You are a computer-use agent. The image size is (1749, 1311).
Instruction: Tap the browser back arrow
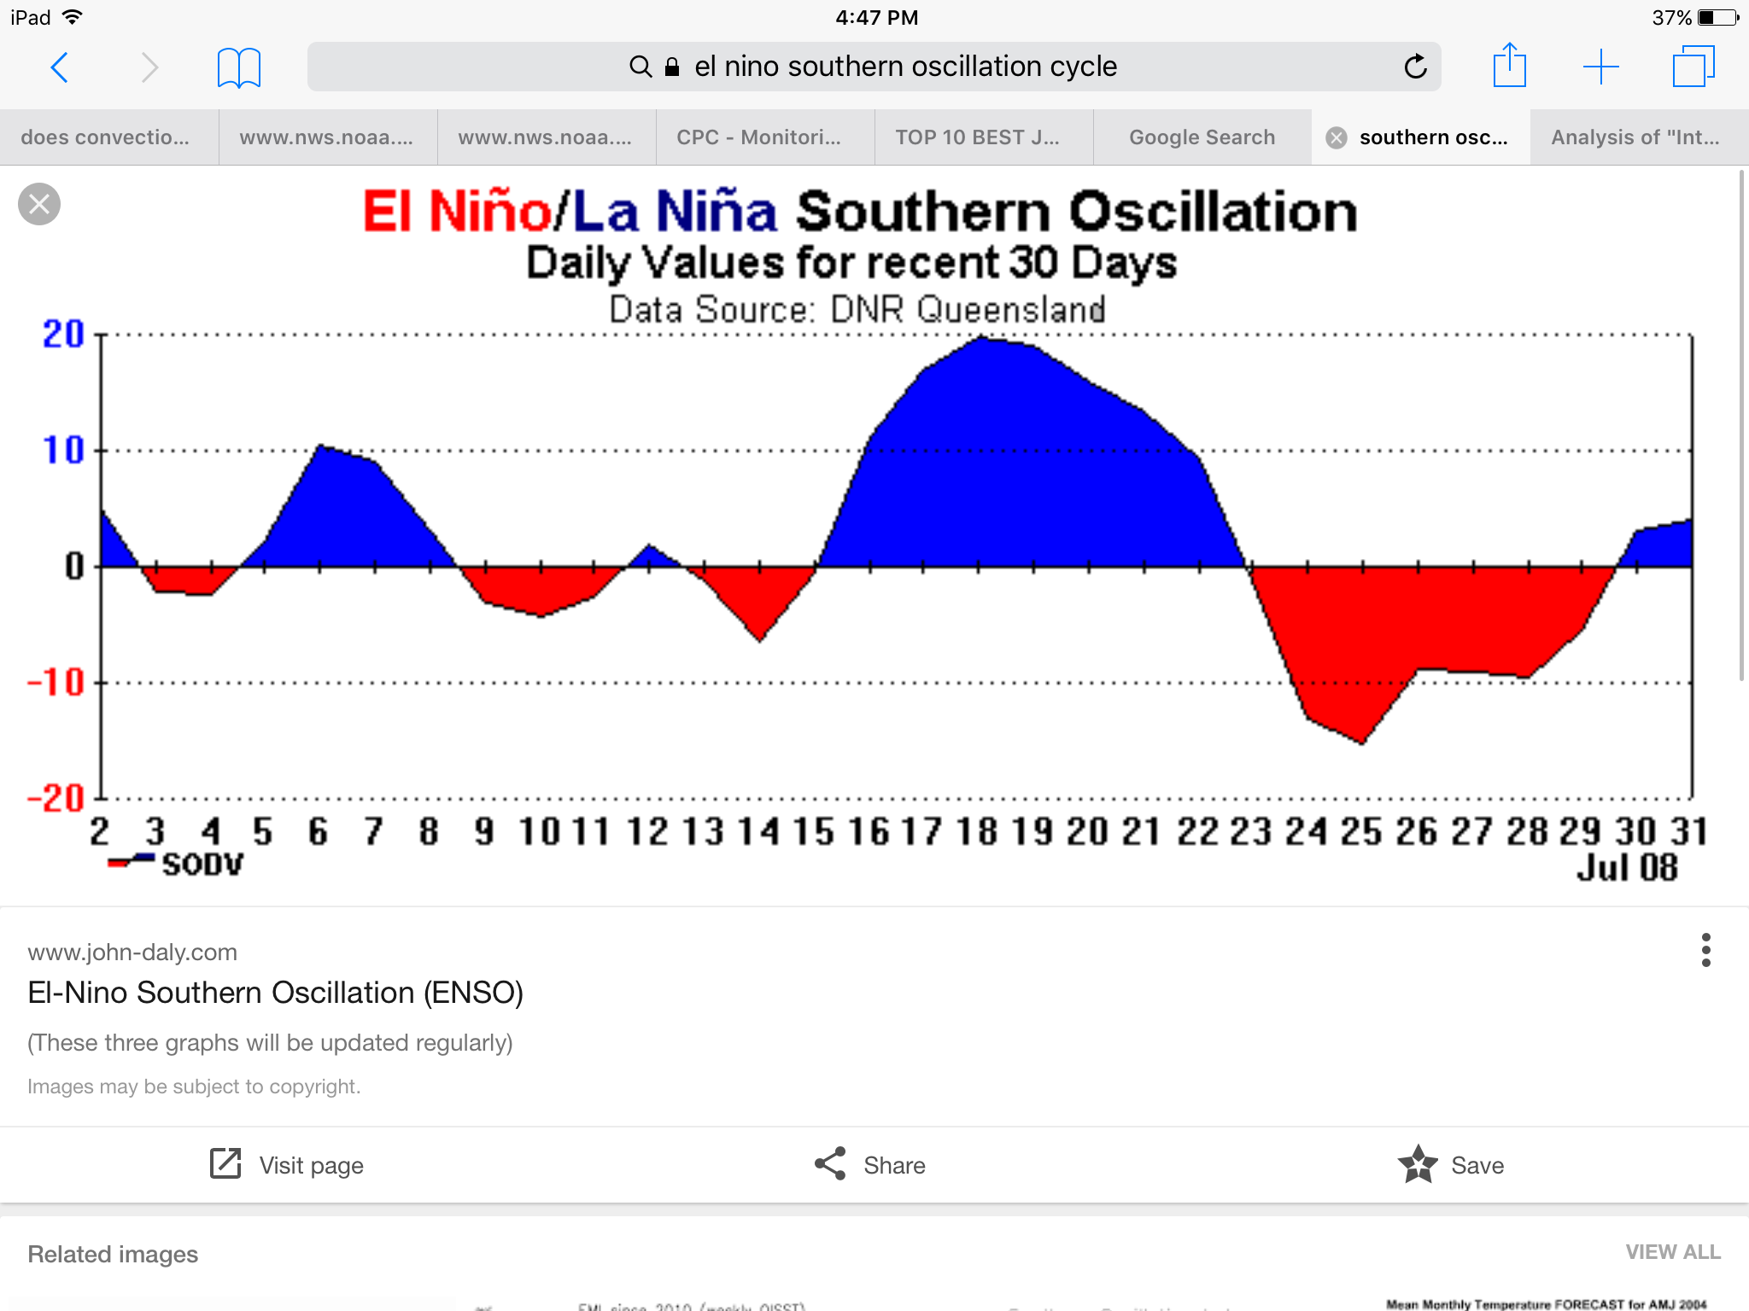pyautogui.click(x=59, y=67)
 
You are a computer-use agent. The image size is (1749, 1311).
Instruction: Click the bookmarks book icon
pyautogui.click(x=238, y=67)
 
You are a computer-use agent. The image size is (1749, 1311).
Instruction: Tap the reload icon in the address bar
pyautogui.click(x=1415, y=67)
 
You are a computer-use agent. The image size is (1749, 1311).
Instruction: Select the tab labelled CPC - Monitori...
pyautogui.click(x=758, y=137)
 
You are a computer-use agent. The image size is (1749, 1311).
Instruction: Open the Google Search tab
pyautogui.click(x=1202, y=137)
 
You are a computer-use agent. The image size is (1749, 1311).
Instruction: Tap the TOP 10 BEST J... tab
pyautogui.click(x=977, y=137)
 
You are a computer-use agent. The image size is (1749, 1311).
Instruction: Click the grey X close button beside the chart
pyautogui.click(x=39, y=204)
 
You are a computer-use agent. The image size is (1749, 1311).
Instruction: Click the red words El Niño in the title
pyautogui.click(x=457, y=212)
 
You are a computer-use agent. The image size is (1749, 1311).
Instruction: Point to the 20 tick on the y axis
pyautogui.click(x=64, y=335)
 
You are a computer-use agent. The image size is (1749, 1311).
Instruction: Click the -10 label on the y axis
pyautogui.click(x=56, y=683)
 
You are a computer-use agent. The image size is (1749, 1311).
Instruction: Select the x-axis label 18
pyautogui.click(x=977, y=831)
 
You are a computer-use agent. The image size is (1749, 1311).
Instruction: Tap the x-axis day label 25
pyautogui.click(x=1361, y=831)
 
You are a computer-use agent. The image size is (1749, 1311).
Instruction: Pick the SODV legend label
pyautogui.click(x=202, y=865)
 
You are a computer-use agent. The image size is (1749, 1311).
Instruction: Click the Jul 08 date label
pyautogui.click(x=1627, y=867)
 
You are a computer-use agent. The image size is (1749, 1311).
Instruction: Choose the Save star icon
pyautogui.click(x=1418, y=1164)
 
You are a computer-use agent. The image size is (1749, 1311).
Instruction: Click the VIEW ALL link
pyautogui.click(x=1672, y=1252)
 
